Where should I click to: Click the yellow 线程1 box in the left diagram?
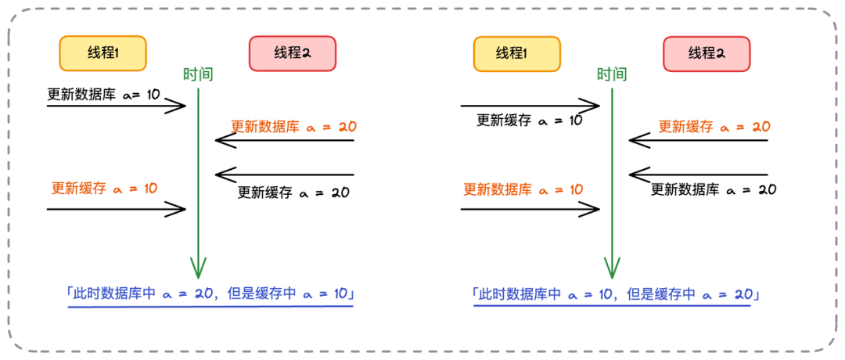pyautogui.click(x=103, y=53)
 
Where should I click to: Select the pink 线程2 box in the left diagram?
pyautogui.click(x=293, y=53)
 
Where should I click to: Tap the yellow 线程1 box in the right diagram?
pyautogui.click(x=517, y=53)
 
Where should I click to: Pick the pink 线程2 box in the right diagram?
pyautogui.click(x=707, y=53)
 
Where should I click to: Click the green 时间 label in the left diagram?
pyautogui.click(x=198, y=75)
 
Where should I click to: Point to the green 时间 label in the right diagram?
pyautogui.click(x=611, y=75)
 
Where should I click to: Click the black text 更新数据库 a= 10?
pyautogui.click(x=103, y=95)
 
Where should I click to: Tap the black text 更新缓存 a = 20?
pyautogui.click(x=293, y=192)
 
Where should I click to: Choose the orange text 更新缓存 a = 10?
pyautogui.click(x=104, y=189)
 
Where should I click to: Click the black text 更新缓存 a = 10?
pyautogui.click(x=530, y=120)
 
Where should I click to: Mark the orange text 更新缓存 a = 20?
pyautogui.click(x=714, y=126)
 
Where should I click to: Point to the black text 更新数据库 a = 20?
pyautogui.click(x=714, y=189)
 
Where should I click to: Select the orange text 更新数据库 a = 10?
pyautogui.click(x=523, y=189)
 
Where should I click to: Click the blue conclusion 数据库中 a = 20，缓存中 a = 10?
pyautogui.click(x=210, y=294)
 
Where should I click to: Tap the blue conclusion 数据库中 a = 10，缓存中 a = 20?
pyautogui.click(x=616, y=294)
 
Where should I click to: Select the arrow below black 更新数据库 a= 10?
pyautogui.click(x=116, y=106)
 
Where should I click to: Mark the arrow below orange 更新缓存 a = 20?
pyautogui.click(x=698, y=141)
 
